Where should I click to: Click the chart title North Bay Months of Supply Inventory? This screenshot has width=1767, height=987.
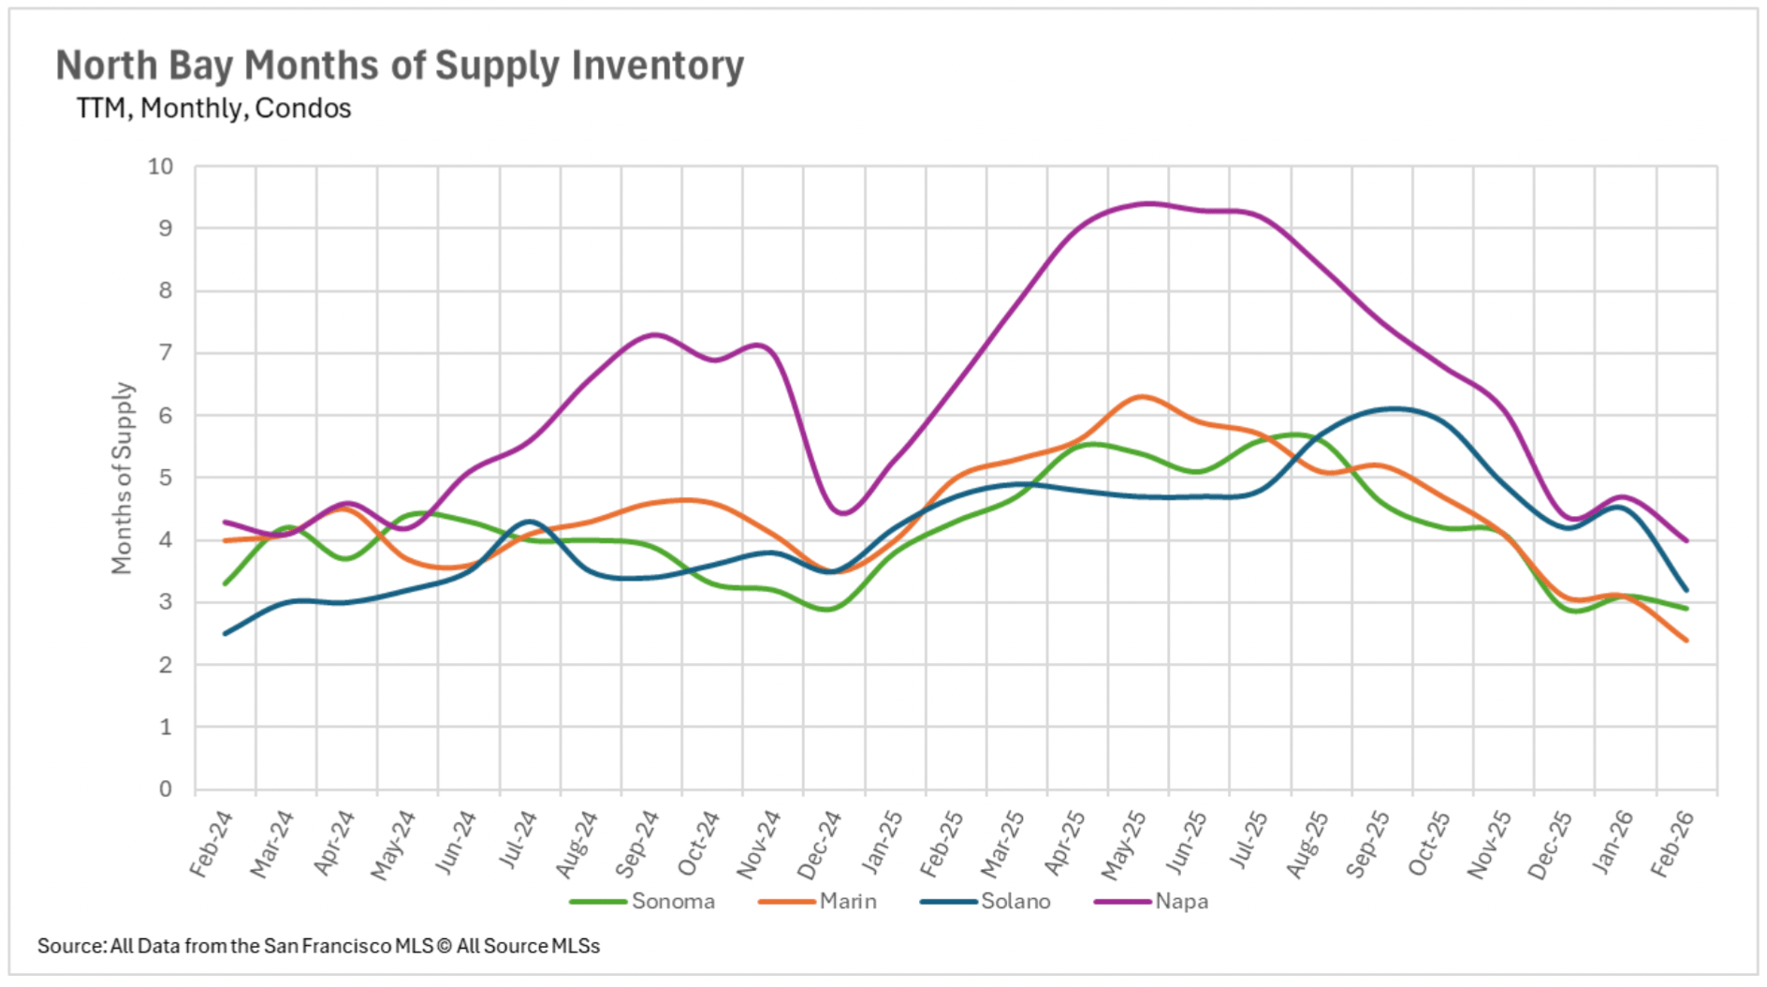tap(400, 66)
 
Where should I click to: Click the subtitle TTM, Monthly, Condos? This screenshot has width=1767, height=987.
tap(213, 109)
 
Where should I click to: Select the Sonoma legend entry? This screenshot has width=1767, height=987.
tap(672, 901)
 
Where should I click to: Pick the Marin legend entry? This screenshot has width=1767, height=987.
tap(847, 901)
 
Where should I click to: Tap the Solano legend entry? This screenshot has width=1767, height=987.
tap(1015, 901)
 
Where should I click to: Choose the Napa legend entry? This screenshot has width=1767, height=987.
tap(1180, 901)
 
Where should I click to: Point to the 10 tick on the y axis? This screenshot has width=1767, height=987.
tap(161, 167)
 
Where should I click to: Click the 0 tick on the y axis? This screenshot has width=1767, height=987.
tap(166, 788)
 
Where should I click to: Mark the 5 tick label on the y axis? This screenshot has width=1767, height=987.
tap(166, 478)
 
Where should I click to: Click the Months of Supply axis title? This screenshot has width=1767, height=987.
tap(123, 478)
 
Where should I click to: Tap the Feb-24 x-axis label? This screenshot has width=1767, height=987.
tap(212, 845)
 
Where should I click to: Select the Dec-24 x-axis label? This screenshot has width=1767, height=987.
tap(820, 845)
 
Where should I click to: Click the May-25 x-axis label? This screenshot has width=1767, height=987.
tap(1124, 845)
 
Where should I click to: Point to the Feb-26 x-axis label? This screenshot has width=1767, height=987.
tap(1672, 845)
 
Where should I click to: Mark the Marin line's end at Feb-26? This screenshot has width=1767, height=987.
tap(1687, 641)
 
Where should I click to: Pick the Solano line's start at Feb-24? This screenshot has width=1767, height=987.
tap(226, 634)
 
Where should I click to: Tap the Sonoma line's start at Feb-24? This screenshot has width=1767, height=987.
tap(226, 583)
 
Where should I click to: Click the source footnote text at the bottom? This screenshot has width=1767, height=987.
tap(318, 946)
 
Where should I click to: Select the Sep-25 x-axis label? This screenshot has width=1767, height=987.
tap(1367, 845)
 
